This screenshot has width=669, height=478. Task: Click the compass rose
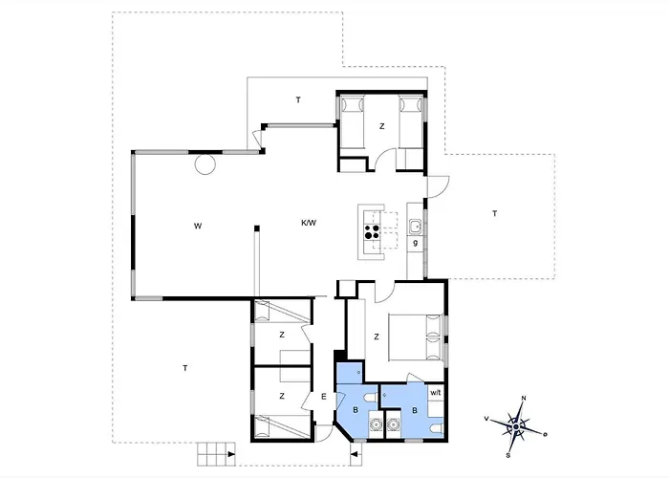[x=517, y=421]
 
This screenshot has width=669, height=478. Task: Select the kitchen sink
[x=414, y=227]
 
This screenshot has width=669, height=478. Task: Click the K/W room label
[x=309, y=223]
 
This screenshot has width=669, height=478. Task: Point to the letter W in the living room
[x=197, y=227]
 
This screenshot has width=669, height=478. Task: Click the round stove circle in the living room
[x=206, y=164]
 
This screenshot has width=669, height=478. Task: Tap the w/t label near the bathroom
[x=436, y=393]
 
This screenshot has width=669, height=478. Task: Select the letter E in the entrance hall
[x=324, y=397]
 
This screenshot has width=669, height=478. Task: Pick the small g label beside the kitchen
[x=415, y=244]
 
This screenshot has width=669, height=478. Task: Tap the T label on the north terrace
[x=297, y=99]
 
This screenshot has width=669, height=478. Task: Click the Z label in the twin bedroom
[x=381, y=125]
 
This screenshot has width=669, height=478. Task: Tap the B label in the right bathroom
[x=415, y=410]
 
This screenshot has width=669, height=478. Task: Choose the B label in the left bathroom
[x=356, y=411]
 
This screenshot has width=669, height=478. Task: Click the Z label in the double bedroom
[x=377, y=337]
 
